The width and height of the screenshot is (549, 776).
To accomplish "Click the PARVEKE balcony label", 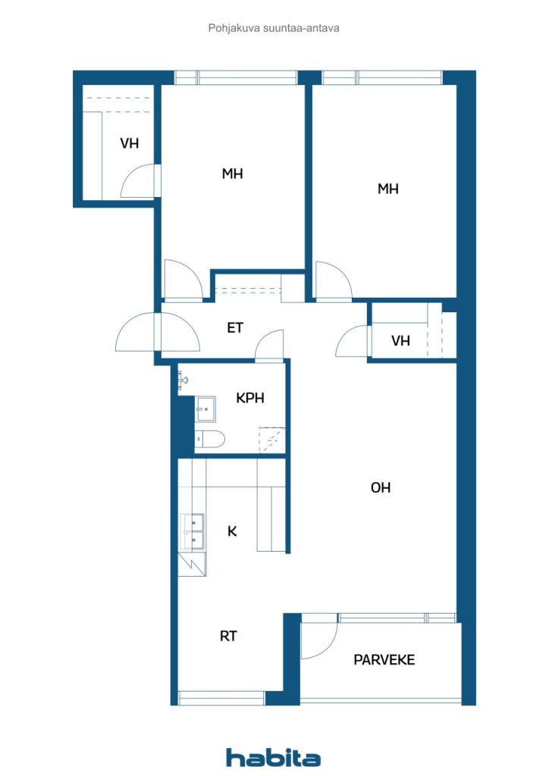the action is [384, 660].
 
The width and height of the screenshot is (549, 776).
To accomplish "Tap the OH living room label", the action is [380, 487].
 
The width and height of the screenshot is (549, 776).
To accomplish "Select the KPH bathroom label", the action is [250, 398].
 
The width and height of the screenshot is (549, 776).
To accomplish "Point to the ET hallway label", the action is [235, 327].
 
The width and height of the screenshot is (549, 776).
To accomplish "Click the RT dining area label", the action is [228, 636].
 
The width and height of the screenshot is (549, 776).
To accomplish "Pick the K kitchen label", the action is [232, 531].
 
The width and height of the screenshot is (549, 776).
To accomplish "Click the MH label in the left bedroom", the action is [232, 174].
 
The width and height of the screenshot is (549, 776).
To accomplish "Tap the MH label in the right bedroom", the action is [387, 189].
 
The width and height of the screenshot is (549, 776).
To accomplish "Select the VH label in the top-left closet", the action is [129, 143].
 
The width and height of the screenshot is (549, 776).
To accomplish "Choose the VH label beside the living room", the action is [400, 340].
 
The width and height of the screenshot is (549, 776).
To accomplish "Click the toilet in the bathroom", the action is [209, 439].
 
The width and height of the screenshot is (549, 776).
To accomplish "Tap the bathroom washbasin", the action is [205, 408].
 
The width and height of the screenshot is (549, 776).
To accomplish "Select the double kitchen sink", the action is [192, 532].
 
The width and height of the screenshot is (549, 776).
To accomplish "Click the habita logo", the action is [273, 757].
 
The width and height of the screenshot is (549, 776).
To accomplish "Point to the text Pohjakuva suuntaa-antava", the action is [274, 28].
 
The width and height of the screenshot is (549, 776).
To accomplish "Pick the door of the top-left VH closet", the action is [139, 181].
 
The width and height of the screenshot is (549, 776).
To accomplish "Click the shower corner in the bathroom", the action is [272, 440].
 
